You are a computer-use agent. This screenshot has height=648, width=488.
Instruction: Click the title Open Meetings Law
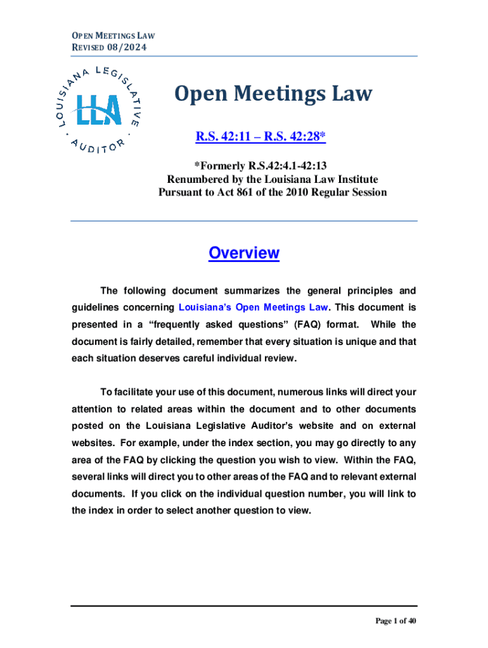click(273, 94)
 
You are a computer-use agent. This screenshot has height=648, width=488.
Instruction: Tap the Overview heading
click(244, 253)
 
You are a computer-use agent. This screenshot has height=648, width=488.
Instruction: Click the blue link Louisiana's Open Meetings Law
click(254, 308)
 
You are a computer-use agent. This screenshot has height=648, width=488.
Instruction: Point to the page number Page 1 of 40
click(396, 621)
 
